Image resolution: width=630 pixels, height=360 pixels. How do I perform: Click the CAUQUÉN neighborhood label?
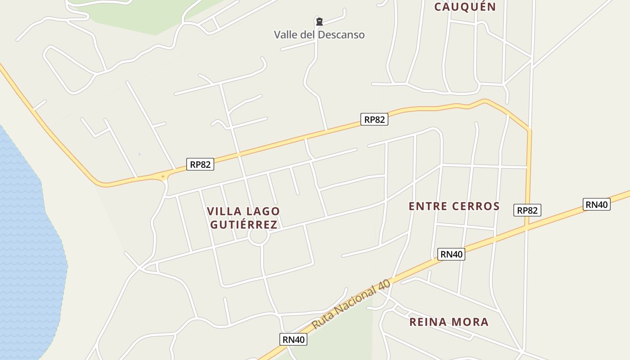[465, 7]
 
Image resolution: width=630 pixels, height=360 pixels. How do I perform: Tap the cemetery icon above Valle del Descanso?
[319, 21]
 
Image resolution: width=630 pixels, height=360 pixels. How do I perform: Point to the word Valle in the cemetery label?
[286, 35]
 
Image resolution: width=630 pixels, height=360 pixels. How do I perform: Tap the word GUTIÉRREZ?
[243, 225]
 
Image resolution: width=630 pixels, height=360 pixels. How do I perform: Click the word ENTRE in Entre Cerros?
[427, 207]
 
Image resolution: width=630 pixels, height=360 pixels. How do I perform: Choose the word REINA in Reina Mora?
[428, 322]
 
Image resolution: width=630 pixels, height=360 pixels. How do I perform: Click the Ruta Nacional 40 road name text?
[351, 305]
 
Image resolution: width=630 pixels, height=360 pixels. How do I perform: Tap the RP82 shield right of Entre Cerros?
[527, 210]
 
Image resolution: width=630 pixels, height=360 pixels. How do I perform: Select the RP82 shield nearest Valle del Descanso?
[374, 119]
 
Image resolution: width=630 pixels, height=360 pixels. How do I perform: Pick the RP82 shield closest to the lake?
[200, 164]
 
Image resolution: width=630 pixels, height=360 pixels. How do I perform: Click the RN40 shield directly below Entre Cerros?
[451, 254]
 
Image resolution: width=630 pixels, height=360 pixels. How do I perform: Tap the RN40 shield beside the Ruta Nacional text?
[293, 340]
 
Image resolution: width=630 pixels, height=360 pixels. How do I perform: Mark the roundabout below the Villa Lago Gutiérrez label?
[259, 236]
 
